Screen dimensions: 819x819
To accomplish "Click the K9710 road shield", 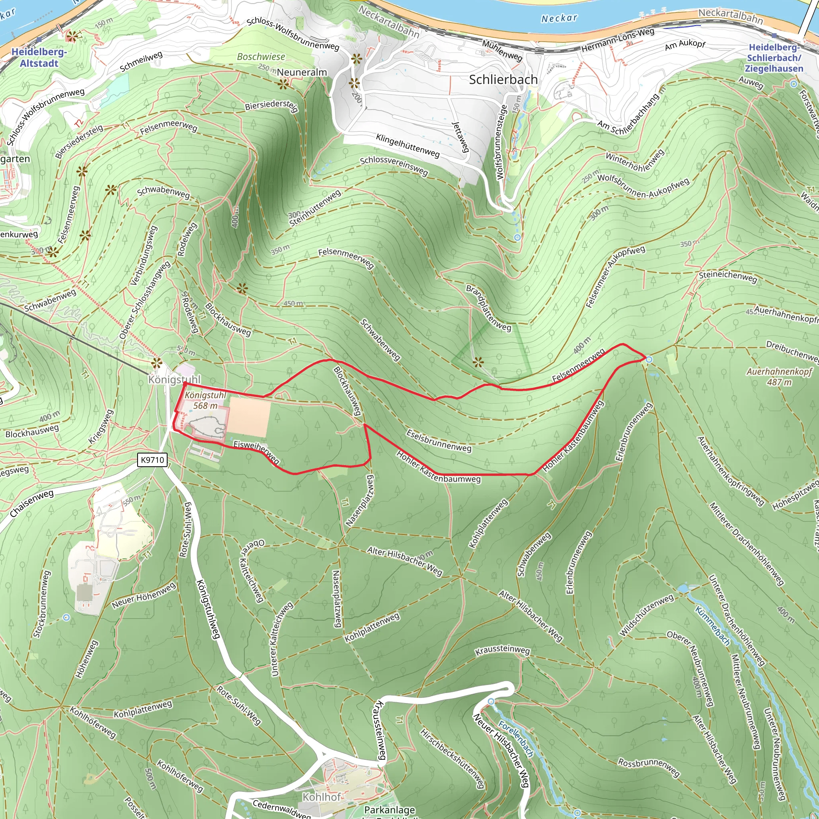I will pyautogui.click(x=152, y=460).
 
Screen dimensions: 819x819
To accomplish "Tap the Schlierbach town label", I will pyautogui.click(x=503, y=80).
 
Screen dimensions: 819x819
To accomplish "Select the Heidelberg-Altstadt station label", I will pyautogui.click(x=39, y=58).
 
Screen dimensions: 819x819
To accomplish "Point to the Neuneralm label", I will pyautogui.click(x=302, y=72).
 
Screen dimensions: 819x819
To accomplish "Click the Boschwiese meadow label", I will pyautogui.click(x=261, y=57).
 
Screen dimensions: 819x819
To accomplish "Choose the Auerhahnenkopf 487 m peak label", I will pyautogui.click(x=779, y=377).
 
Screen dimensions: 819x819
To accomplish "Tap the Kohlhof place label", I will pyautogui.click(x=322, y=797).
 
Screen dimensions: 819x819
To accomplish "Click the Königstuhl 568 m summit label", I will pyautogui.click(x=205, y=400).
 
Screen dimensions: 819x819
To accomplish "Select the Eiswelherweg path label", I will pyautogui.click(x=256, y=452).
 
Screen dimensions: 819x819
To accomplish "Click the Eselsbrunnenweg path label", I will pyautogui.click(x=439, y=441).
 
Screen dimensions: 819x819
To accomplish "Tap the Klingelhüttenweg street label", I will pyautogui.click(x=408, y=146).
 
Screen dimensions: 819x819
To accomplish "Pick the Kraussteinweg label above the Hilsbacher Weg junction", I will pyautogui.click(x=502, y=650).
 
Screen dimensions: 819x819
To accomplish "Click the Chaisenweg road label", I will pyautogui.click(x=32, y=503).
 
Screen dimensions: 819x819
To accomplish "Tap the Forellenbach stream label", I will pyautogui.click(x=515, y=739).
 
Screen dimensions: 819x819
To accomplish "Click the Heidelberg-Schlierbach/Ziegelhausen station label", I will pyautogui.click(x=774, y=58).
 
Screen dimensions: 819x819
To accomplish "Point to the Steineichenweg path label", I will pyautogui.click(x=728, y=276).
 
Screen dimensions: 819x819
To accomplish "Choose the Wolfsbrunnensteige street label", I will pyautogui.click(x=501, y=142).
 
